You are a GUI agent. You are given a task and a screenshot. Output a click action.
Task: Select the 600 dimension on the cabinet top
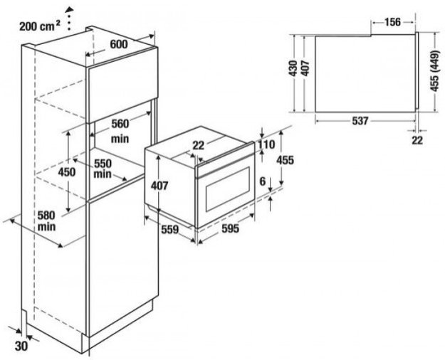pyautogui.click(x=118, y=44)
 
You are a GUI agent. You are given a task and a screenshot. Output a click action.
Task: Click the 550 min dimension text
pyautogui.click(x=103, y=167)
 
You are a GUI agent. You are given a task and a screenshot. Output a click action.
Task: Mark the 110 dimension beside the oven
pyautogui.click(x=266, y=145)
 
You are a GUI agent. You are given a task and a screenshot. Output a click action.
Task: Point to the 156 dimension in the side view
pyautogui.click(x=391, y=21)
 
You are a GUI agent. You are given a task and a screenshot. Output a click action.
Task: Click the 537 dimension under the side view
pyautogui.click(x=360, y=121)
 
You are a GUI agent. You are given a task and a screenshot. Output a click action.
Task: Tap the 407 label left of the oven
pyautogui.click(x=159, y=186)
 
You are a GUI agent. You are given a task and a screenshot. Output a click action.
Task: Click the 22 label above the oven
pyautogui.click(x=198, y=145)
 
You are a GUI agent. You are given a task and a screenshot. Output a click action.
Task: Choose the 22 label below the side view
pyautogui.click(x=417, y=140)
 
